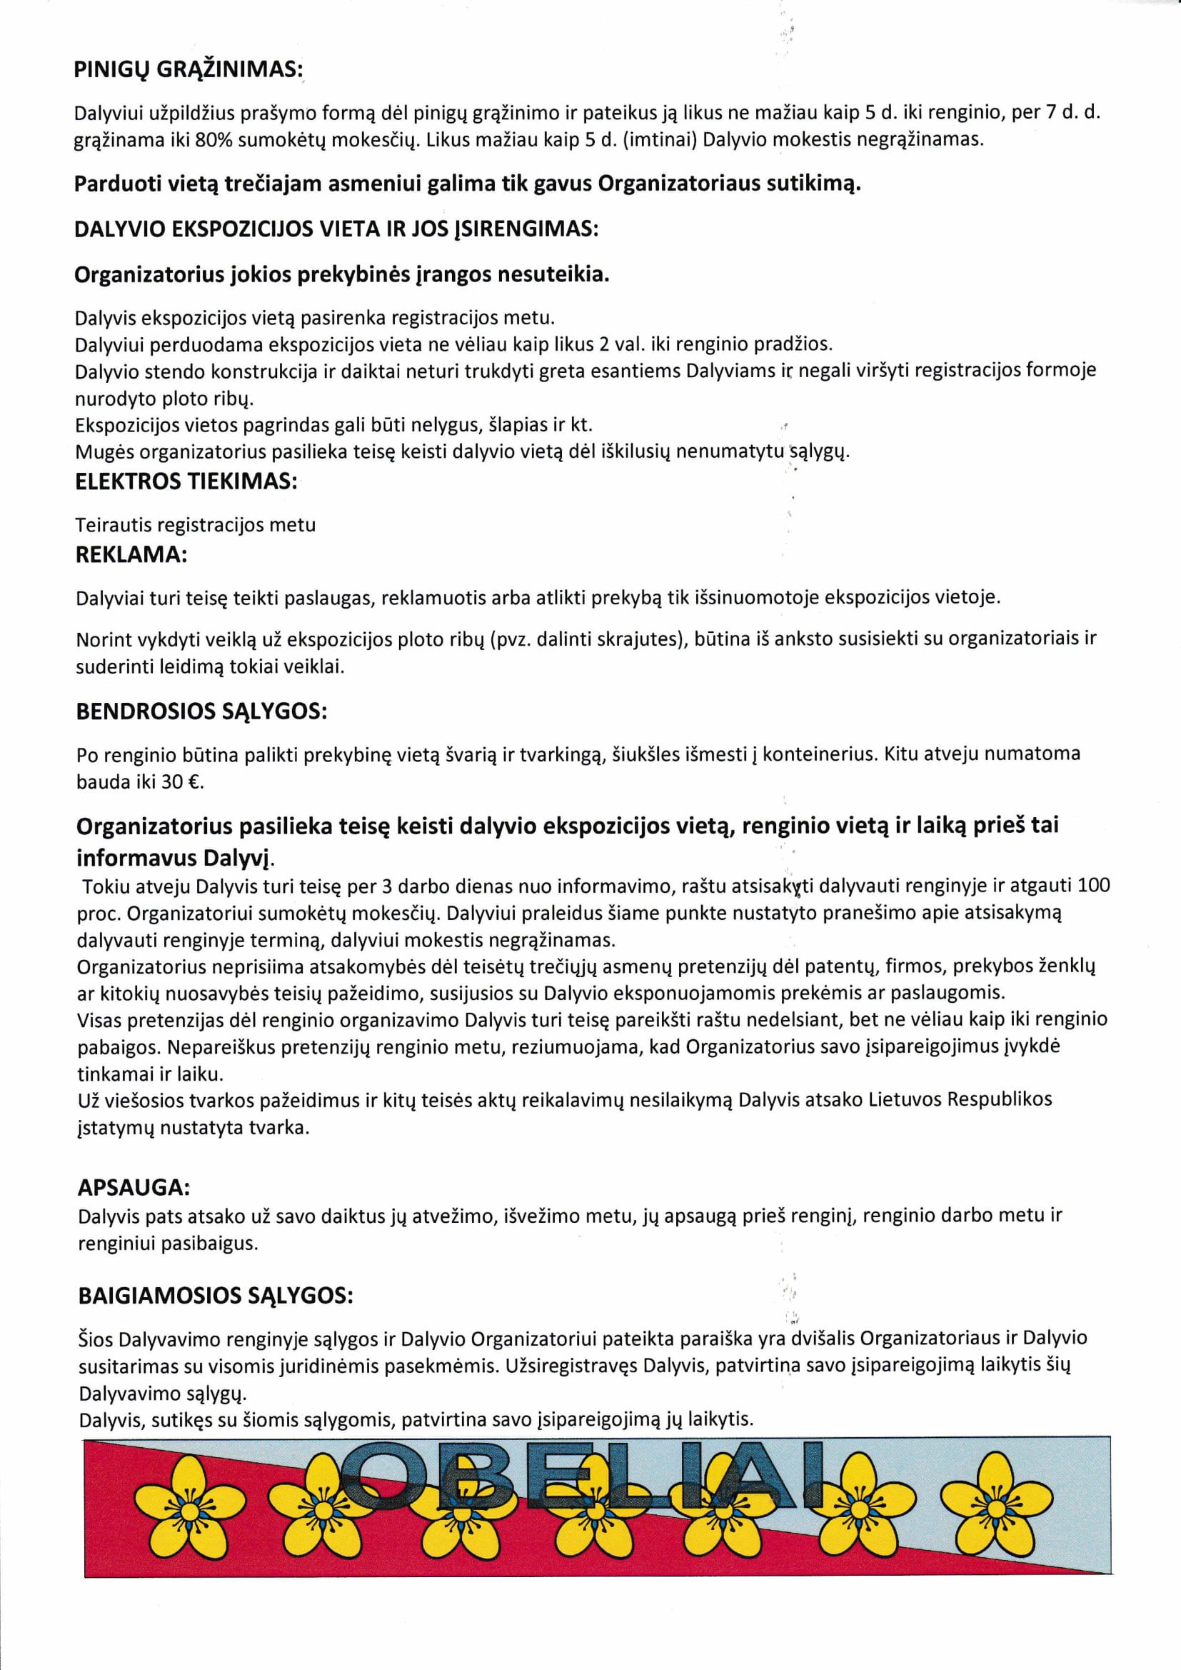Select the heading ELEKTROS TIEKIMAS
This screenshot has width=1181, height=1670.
point(186,482)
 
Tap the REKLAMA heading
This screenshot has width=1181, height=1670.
point(131,555)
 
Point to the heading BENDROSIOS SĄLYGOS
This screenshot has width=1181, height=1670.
point(201,711)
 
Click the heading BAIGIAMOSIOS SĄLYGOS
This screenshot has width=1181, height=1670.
point(215,1296)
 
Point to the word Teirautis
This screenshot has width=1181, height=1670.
point(114,525)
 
